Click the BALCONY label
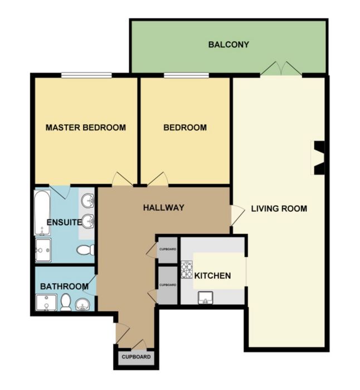click(x=228, y=45)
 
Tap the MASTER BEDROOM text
click(x=86, y=128)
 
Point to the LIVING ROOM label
click(x=279, y=208)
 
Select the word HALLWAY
click(x=163, y=207)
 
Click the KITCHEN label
click(x=212, y=276)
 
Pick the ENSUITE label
click(x=64, y=222)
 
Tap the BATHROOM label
click(x=64, y=286)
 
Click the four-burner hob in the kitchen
click(x=187, y=269)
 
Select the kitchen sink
click(x=206, y=298)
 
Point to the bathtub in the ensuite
click(x=42, y=213)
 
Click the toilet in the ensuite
click(x=85, y=250)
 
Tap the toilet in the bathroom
click(x=66, y=302)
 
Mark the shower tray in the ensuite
click(x=43, y=250)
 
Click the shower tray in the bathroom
click(x=46, y=303)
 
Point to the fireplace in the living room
click(x=319, y=158)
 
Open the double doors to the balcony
click(x=281, y=68)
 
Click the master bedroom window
click(x=86, y=75)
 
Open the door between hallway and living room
click(x=237, y=216)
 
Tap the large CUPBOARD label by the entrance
click(x=136, y=357)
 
